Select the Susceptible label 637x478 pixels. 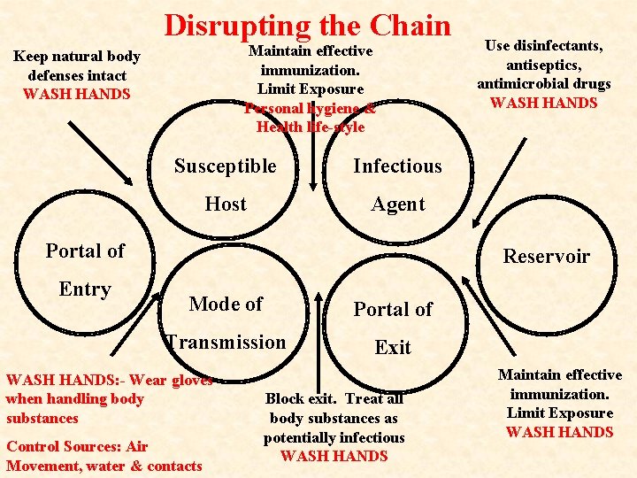click(225, 166)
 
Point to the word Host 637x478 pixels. click(225, 204)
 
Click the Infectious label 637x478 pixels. click(397, 166)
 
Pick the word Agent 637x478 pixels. click(397, 204)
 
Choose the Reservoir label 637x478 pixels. click(546, 257)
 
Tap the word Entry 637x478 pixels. click(85, 289)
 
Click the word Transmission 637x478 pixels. click(226, 343)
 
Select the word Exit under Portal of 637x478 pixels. click(392, 347)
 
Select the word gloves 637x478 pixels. click(193, 381)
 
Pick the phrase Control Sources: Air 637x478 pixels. click(77, 446)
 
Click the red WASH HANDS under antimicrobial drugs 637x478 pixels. click(543, 103)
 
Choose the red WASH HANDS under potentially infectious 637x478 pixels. click(334, 457)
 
